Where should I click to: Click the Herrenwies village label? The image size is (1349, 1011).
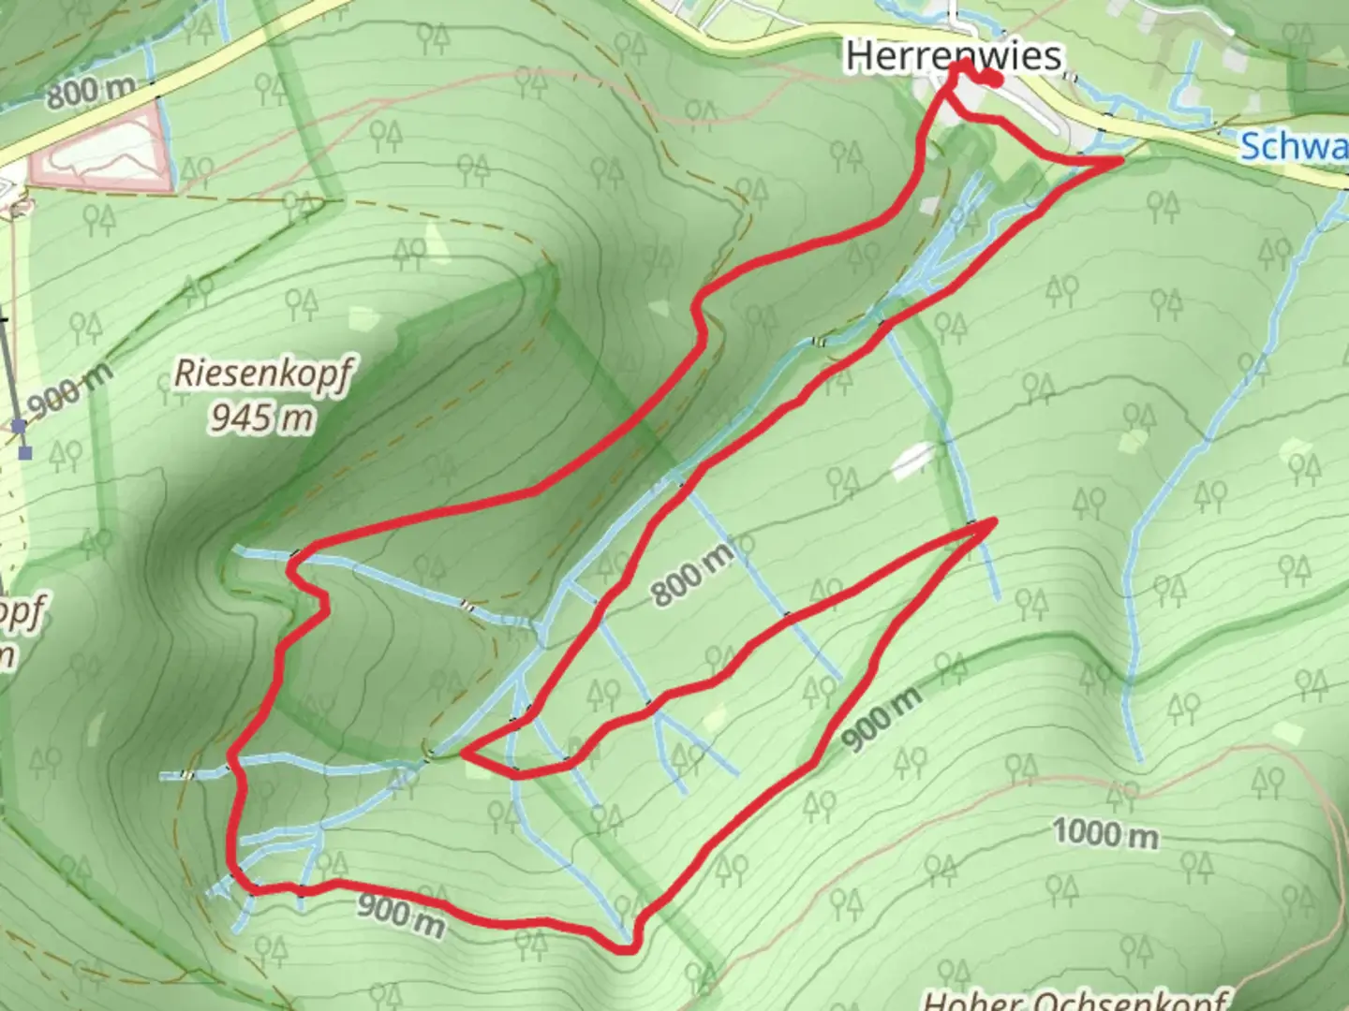(x=953, y=56)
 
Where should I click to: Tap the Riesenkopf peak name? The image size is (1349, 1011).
(x=262, y=374)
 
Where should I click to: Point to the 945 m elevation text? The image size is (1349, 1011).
(x=260, y=418)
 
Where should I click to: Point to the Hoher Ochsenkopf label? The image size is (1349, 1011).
(x=1077, y=1000)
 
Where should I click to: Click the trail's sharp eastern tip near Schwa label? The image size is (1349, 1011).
(x=1120, y=161)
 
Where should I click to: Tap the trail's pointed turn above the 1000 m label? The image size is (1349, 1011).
(x=992, y=520)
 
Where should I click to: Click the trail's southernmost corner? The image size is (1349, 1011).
(x=628, y=949)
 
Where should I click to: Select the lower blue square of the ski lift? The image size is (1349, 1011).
(x=25, y=453)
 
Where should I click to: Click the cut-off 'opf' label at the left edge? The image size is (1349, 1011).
(x=22, y=613)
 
